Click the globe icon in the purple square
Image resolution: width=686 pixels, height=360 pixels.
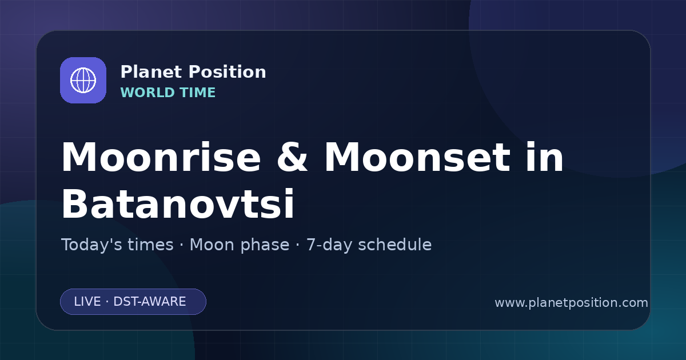83,80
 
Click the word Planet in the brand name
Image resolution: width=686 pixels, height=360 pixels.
151,72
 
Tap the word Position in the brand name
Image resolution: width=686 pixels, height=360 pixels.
228,72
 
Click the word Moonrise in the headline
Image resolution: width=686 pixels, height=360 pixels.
161,157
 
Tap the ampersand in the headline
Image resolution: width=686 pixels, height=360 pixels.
292,157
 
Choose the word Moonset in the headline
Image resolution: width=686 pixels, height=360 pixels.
417,157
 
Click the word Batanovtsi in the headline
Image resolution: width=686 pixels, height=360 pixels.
178,203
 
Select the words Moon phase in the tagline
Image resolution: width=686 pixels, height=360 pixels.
240,245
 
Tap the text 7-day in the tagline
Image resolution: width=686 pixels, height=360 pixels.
329,245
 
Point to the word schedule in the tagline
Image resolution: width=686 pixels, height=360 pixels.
395,245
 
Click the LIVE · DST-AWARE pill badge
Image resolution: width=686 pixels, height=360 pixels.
133,302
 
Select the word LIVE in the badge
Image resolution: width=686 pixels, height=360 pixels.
87,302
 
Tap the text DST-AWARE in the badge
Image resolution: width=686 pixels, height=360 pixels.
150,302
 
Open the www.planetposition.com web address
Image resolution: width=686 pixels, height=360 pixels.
572,303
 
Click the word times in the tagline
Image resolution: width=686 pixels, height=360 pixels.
150,245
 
